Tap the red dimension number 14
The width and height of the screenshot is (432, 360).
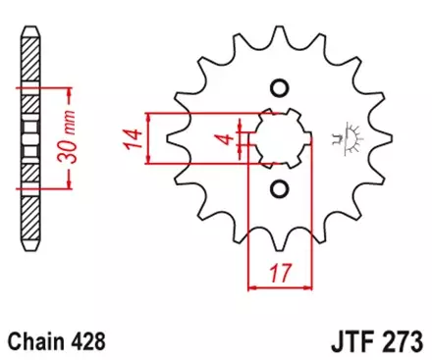[131, 138]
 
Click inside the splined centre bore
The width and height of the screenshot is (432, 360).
[280, 137]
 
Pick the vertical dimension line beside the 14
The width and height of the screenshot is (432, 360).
[147, 138]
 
